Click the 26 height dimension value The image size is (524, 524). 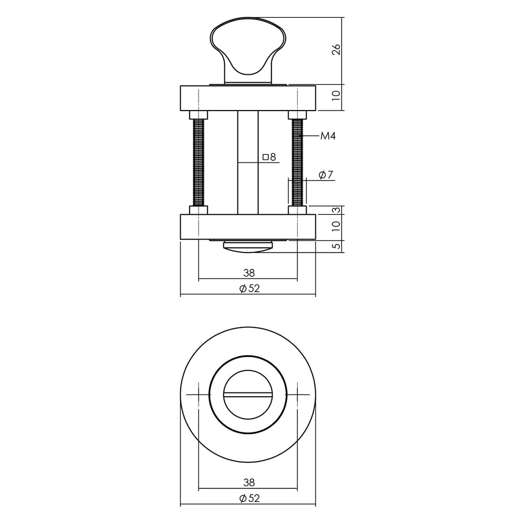pyautogui.click(x=336, y=50)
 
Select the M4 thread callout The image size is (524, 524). pyautogui.click(x=327, y=136)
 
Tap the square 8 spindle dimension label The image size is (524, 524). pyautogui.click(x=269, y=157)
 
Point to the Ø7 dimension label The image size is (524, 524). pyautogui.click(x=326, y=175)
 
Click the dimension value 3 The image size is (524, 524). pyautogui.click(x=336, y=210)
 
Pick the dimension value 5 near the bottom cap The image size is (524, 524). pyautogui.click(x=336, y=246)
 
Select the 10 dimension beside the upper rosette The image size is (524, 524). pyautogui.click(x=336, y=95)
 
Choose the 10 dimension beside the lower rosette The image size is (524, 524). pyautogui.click(x=336, y=226)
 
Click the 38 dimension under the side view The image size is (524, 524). pyautogui.click(x=249, y=273)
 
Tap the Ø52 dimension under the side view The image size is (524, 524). pyautogui.click(x=249, y=289)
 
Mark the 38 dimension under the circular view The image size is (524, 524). pyautogui.click(x=249, y=483)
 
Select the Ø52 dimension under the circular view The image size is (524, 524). pyautogui.click(x=249, y=498)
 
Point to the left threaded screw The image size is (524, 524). pyautogui.click(x=199, y=162)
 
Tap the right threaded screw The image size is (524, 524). pyautogui.click(x=297, y=162)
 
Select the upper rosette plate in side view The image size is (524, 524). pyautogui.click(x=248, y=98)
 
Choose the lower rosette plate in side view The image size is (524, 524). pyautogui.click(x=248, y=227)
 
